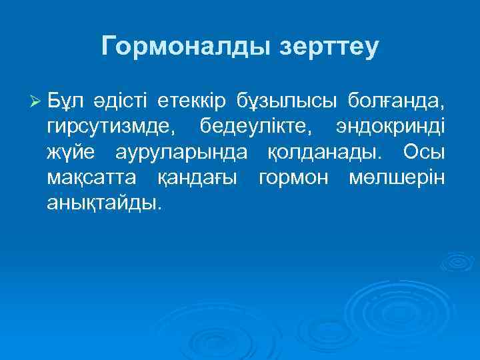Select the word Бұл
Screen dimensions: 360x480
[x=65, y=101]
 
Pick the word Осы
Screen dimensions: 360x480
[x=424, y=152]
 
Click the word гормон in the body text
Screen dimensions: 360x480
[x=295, y=179]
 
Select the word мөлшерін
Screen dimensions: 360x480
[x=396, y=179]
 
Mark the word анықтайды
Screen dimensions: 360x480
[x=104, y=204]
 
